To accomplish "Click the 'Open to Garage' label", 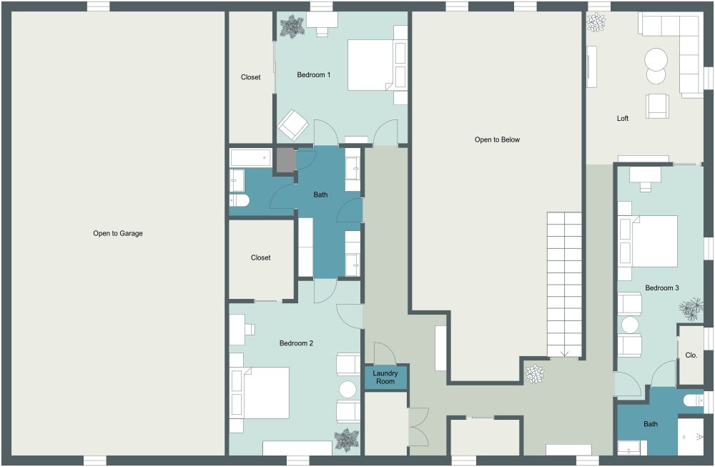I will [117, 233].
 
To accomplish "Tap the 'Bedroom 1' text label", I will [313, 74].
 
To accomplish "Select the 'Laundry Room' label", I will [385, 377].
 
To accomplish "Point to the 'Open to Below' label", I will [497, 139].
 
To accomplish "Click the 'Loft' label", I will [623, 118].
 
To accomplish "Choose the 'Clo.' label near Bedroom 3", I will [691, 355].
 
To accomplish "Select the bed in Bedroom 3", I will [650, 241].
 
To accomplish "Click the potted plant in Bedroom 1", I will [292, 27].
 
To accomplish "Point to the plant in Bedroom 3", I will [691, 310].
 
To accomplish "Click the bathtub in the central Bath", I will [250, 157].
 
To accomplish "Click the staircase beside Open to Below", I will [565, 283].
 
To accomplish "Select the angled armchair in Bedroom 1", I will [293, 125].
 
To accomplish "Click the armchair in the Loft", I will [658, 106].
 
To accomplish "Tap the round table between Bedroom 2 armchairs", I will [347, 389].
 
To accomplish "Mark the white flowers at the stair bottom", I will [534, 373].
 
